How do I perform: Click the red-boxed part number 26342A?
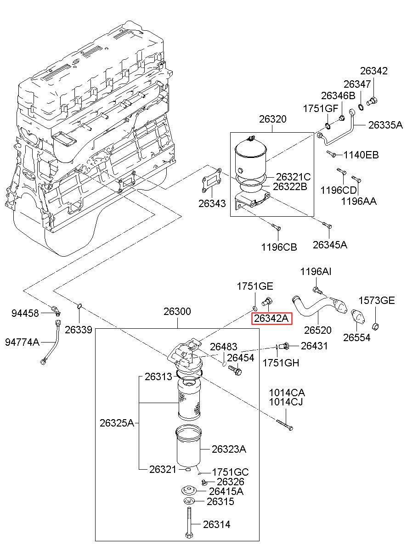(x=271, y=318)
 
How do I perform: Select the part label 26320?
(x=272, y=119)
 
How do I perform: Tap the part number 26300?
(x=177, y=312)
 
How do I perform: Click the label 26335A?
(x=385, y=125)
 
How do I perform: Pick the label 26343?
(x=212, y=203)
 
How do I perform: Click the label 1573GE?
(x=377, y=301)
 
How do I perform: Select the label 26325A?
(x=117, y=423)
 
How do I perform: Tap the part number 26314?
(x=217, y=524)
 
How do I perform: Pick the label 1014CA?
(x=287, y=393)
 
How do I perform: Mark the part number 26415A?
(x=226, y=491)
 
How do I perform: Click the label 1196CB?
(x=279, y=247)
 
